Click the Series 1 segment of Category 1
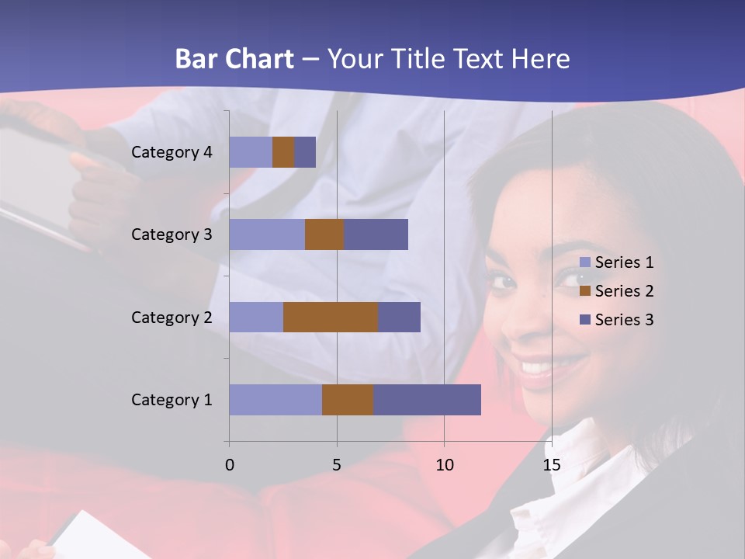[x=275, y=399]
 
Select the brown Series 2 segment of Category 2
[x=331, y=317]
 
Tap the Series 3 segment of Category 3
[x=376, y=234]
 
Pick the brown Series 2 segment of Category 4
[x=283, y=152]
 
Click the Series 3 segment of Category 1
[x=427, y=399]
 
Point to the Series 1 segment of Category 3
[x=267, y=234]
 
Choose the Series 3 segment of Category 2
[x=399, y=317]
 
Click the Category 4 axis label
[x=172, y=152]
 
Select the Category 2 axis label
[x=172, y=317]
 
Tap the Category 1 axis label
[x=172, y=400]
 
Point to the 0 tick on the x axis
[x=230, y=465]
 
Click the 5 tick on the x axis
[x=337, y=465]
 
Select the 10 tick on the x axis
[x=444, y=465]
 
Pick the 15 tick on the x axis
[x=551, y=465]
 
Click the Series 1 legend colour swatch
[x=585, y=262]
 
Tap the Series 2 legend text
[x=624, y=291]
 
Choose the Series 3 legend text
[x=624, y=320]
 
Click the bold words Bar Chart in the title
[x=234, y=59]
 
